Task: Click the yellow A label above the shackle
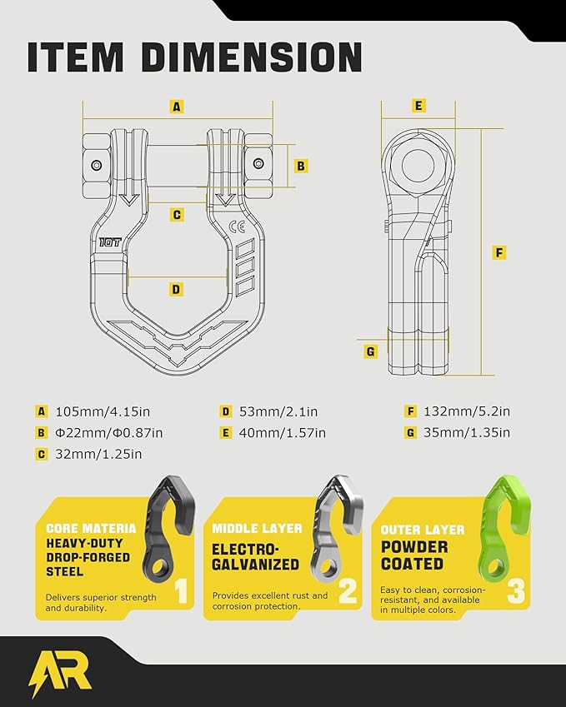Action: coord(177,107)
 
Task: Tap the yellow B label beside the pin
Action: coord(301,166)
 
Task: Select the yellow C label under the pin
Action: coord(177,215)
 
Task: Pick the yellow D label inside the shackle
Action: coord(176,289)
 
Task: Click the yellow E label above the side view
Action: coord(418,106)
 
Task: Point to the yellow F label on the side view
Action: coord(498,252)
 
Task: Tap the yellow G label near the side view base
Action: coord(371,351)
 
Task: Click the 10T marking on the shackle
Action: coord(110,242)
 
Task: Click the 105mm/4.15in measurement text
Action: coord(103,411)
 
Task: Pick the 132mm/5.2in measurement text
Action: coord(467,411)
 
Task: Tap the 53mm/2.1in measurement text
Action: coord(278,411)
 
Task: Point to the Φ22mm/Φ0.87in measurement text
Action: coord(108,433)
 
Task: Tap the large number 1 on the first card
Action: coord(181,591)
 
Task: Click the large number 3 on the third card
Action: coord(516,591)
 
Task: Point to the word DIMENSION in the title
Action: coord(252,57)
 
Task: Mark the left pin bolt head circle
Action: coord(96,165)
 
